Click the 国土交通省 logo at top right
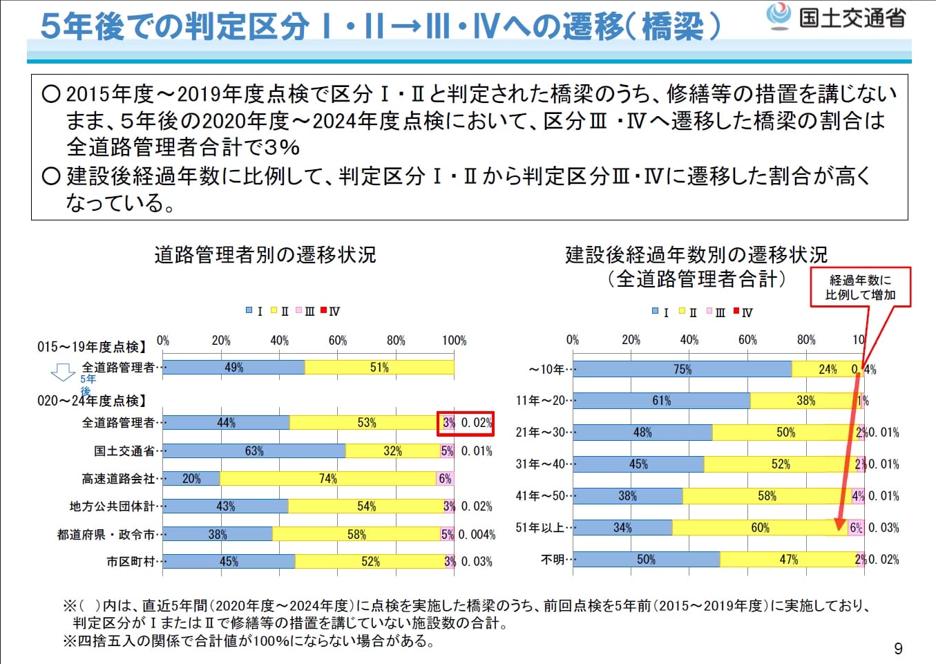click(x=837, y=17)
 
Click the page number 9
click(x=898, y=648)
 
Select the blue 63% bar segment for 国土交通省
click(x=254, y=451)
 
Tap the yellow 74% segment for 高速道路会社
click(x=328, y=479)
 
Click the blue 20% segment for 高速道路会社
click(x=191, y=479)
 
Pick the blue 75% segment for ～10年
click(x=682, y=370)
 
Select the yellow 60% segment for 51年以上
click(x=760, y=528)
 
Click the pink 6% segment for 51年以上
click(x=856, y=528)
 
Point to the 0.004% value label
click(x=477, y=535)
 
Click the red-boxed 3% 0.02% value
click(x=466, y=423)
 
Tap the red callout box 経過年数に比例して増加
click(x=860, y=287)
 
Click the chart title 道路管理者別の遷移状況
click(x=265, y=255)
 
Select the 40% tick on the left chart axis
click(x=279, y=341)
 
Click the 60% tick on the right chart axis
click(x=747, y=340)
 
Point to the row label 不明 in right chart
click(x=553, y=560)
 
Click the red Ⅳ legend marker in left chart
click(x=324, y=311)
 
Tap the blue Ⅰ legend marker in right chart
click(x=656, y=312)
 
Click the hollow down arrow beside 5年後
click(x=63, y=372)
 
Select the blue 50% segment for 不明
click(x=646, y=560)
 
